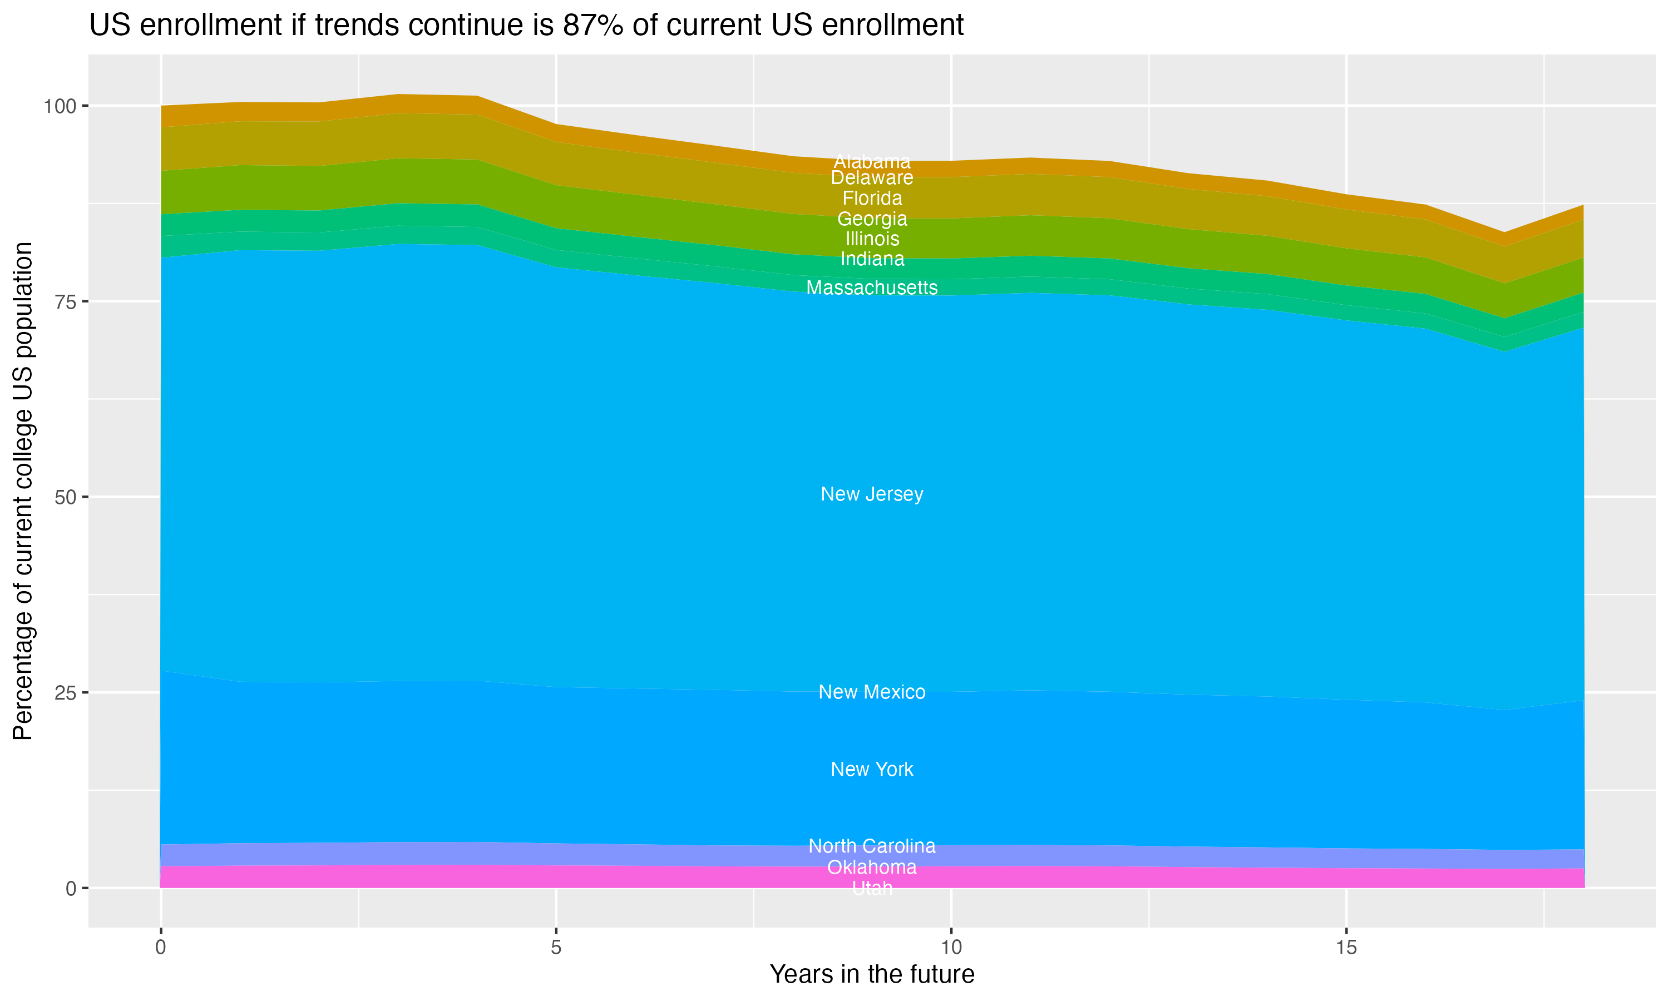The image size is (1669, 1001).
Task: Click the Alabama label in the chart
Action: [872, 162]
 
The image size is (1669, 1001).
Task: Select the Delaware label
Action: [872, 178]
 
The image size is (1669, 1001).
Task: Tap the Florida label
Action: [872, 199]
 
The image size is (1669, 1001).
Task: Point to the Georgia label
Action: [872, 219]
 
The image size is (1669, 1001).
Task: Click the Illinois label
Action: [872, 239]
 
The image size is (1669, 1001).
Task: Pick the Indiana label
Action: [872, 259]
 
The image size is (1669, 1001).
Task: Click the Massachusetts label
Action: [872, 288]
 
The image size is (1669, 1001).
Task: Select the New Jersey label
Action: [872, 494]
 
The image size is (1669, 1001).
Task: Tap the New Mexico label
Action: [872, 692]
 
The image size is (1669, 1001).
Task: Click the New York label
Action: [872, 770]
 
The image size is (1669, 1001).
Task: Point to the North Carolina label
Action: [872, 846]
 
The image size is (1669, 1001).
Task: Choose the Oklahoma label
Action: [872, 868]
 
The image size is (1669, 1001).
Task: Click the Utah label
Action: [872, 888]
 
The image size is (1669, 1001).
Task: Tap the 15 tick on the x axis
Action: [1346, 948]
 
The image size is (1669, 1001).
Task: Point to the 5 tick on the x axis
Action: [556, 948]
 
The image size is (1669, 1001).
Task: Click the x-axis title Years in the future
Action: [872, 975]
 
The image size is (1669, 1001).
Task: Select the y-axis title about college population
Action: [23, 491]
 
